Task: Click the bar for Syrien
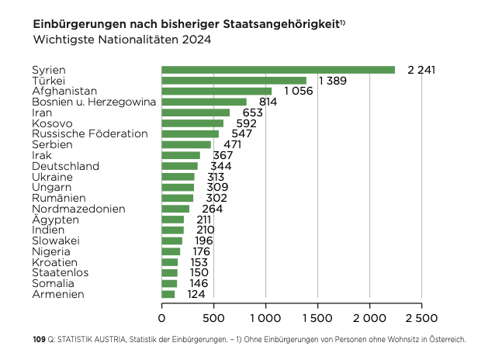[x=278, y=70]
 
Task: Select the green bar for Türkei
[x=234, y=81]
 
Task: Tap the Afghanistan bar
[x=216, y=91]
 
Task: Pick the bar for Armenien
[x=168, y=294]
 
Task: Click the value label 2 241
[x=421, y=70]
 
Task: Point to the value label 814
[x=268, y=102]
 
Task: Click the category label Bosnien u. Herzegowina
[x=94, y=102]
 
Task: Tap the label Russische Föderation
[x=89, y=133]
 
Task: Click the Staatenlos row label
[x=60, y=272]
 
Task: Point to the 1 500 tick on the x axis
[x=317, y=317]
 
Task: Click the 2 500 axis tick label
[x=421, y=317]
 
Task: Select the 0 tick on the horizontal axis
[x=162, y=317]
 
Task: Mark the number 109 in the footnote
[x=40, y=340]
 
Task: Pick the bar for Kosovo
[x=192, y=123]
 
